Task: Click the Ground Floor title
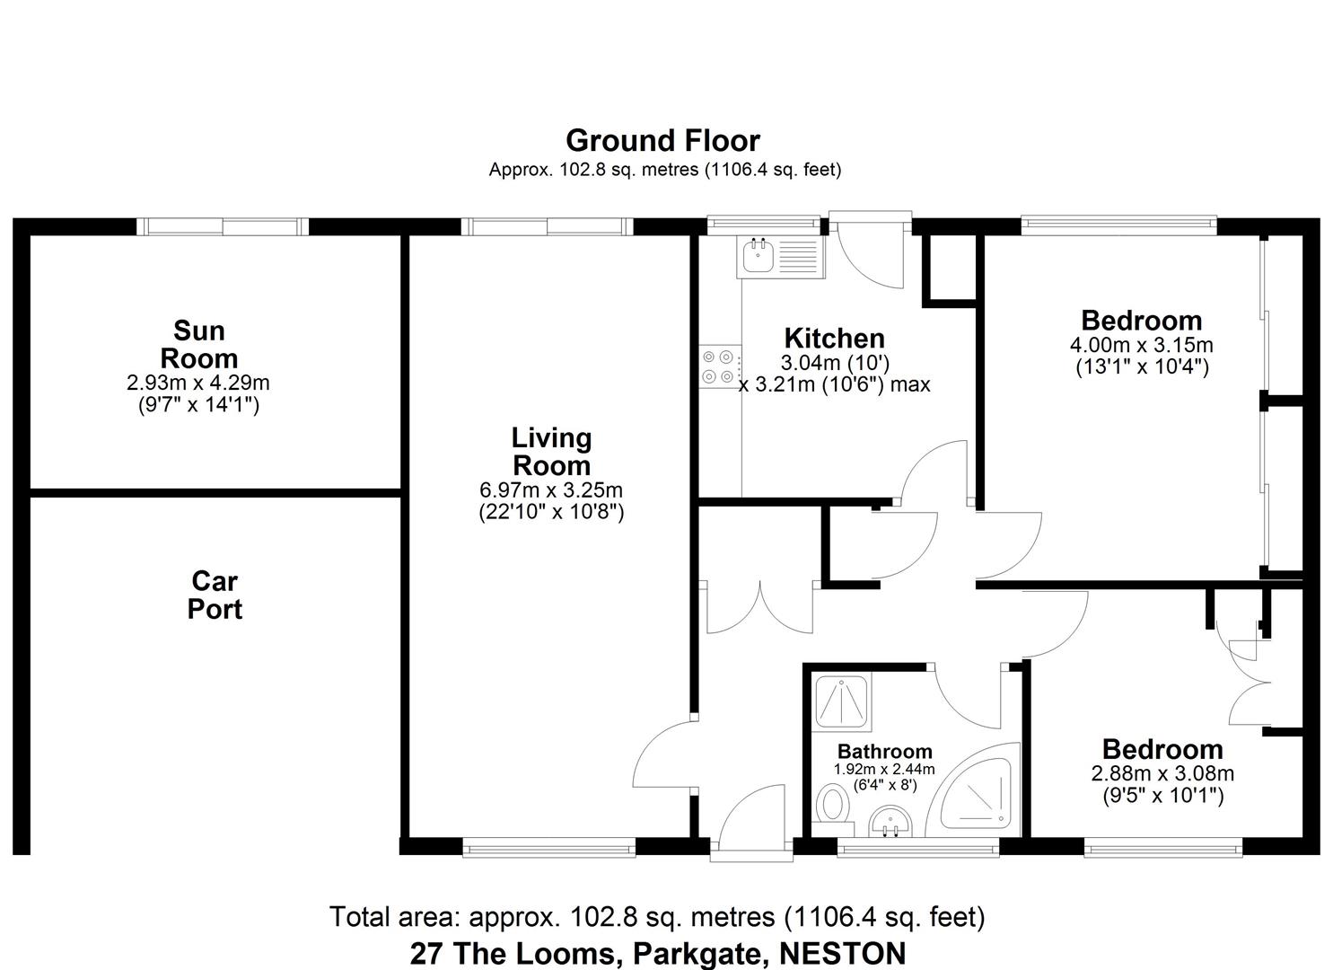click(662, 140)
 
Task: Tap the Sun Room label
click(198, 344)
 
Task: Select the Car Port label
click(215, 595)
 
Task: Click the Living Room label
click(551, 452)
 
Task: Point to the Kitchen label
click(834, 339)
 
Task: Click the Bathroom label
click(884, 751)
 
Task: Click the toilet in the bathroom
click(835, 804)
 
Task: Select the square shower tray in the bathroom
click(841, 701)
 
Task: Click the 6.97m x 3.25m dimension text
click(551, 490)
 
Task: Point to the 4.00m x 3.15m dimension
click(1141, 345)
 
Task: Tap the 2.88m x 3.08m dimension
click(1162, 773)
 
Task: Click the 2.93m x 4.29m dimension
click(198, 383)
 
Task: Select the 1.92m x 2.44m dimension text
click(884, 770)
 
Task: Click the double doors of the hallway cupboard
click(759, 608)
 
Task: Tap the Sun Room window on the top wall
click(223, 226)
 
